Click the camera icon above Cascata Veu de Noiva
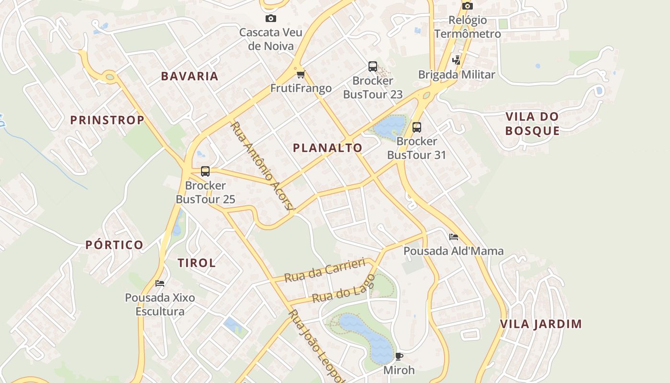(270, 19)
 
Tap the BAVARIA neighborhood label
(190, 76)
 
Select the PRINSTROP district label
(107, 120)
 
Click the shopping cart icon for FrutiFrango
(301, 74)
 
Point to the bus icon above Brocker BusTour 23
(372, 66)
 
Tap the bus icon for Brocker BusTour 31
(416, 127)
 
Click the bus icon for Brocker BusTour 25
(205, 171)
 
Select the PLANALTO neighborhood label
(327, 148)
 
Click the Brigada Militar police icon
(456, 60)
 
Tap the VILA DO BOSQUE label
(532, 124)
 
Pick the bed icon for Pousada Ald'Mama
(453, 237)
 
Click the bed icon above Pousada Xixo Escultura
(160, 283)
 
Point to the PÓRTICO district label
(114, 245)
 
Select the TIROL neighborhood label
(197, 263)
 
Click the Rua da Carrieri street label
(324, 270)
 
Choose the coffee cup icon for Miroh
(399, 356)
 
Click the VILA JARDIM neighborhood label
(541, 324)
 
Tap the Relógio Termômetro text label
(468, 27)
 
